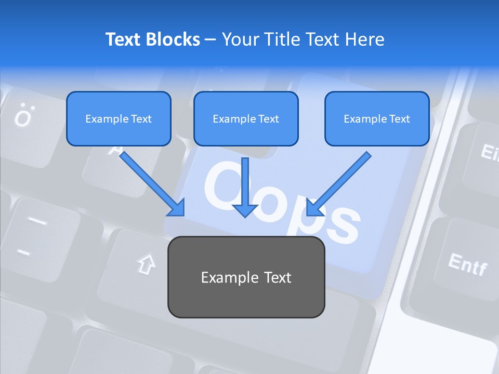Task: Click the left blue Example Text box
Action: click(119, 119)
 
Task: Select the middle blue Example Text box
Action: click(246, 119)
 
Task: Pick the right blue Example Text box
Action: click(377, 119)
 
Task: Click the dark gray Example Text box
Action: click(246, 277)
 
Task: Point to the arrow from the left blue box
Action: click(152, 184)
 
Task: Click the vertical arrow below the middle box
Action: click(245, 187)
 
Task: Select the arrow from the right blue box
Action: click(338, 184)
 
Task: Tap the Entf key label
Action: click(468, 264)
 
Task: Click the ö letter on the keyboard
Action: click(23, 116)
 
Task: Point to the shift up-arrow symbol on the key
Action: click(147, 264)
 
